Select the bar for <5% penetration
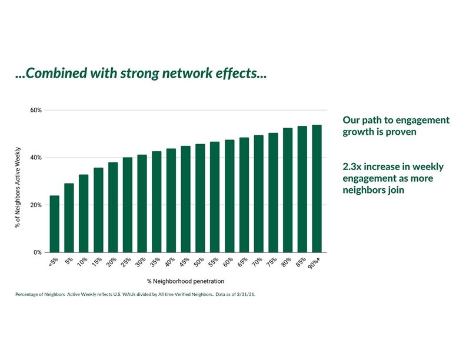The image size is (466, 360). (54, 224)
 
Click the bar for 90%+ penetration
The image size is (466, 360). (317, 188)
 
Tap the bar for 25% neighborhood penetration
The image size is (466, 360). (127, 205)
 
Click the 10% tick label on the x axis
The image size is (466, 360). (83, 262)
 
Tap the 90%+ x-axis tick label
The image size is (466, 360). (315, 265)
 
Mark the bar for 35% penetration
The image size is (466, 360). (157, 201)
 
